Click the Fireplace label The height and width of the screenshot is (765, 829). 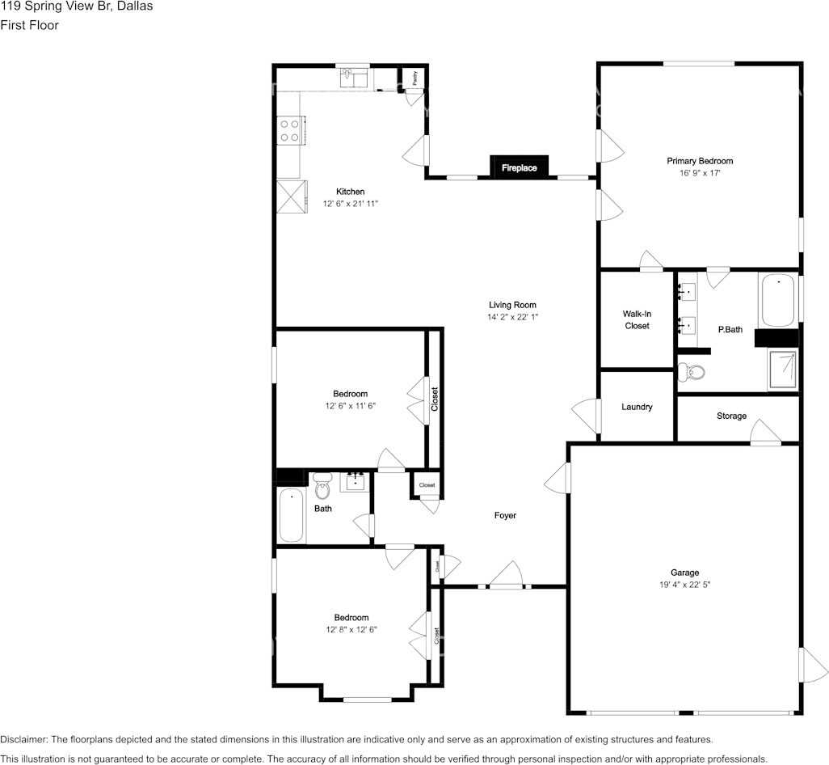(519, 168)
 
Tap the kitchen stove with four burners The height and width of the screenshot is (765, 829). (290, 131)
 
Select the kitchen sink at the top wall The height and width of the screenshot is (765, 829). (354, 78)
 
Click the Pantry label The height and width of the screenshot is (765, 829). (414, 78)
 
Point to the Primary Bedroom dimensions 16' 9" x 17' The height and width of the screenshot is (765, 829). (699, 173)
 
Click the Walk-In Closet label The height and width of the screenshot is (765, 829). (637, 319)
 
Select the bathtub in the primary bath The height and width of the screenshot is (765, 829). (778, 300)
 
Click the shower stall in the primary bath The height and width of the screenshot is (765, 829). (781, 370)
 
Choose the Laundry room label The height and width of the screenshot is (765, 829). (637, 407)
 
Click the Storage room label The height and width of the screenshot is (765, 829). (731, 416)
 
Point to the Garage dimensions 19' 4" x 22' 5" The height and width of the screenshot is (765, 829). (684, 584)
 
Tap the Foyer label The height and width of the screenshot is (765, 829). (505, 515)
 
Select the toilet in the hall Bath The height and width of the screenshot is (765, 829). (323, 488)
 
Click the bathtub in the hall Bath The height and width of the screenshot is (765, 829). (291, 516)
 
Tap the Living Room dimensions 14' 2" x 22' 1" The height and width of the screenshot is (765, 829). (512, 317)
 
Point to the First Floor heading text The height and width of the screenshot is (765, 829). (29, 25)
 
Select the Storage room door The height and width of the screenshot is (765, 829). (764, 437)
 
